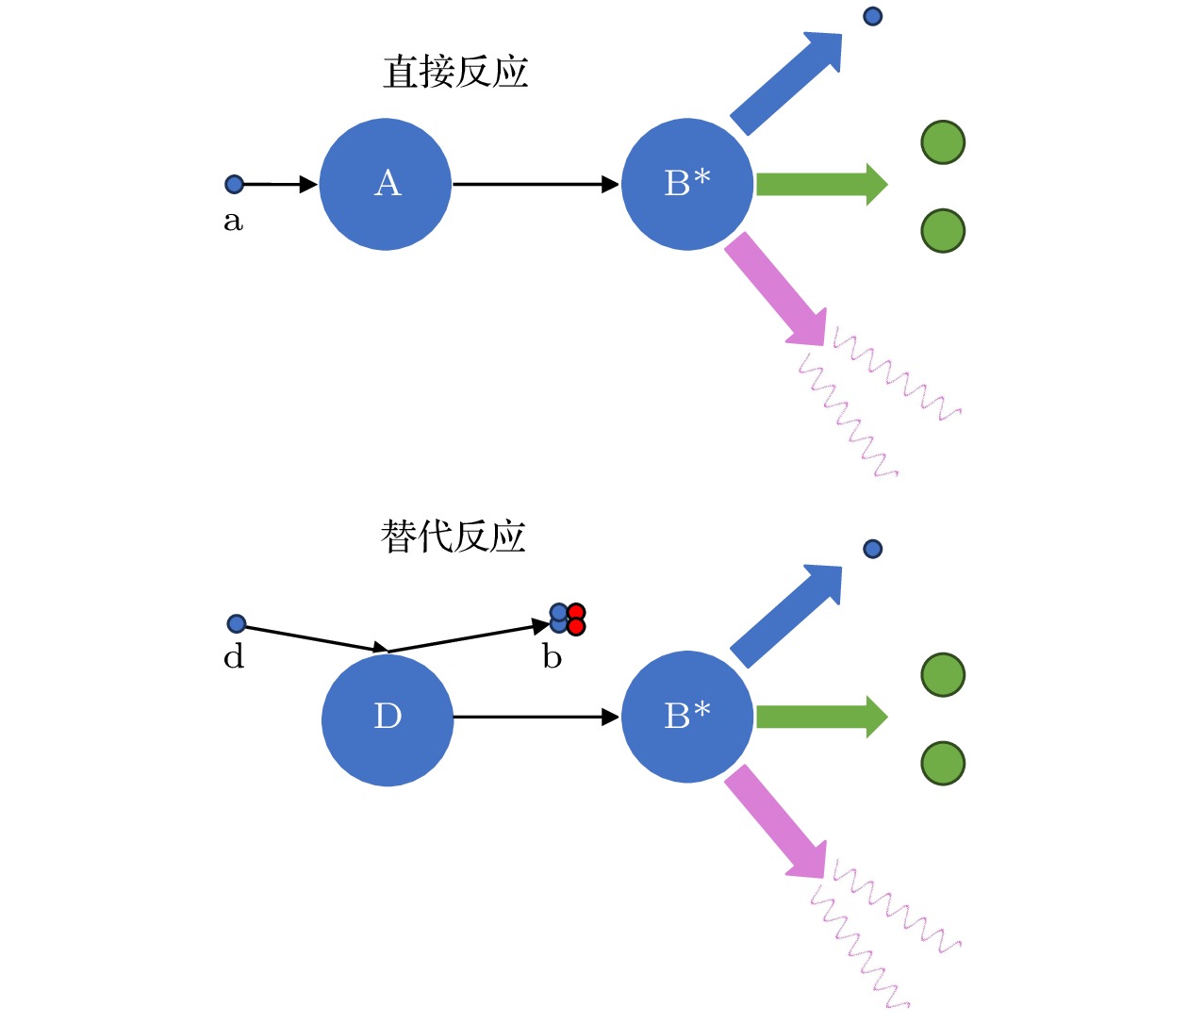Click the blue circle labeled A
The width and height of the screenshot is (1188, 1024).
coord(386,184)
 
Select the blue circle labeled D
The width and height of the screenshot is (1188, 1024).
coord(388,719)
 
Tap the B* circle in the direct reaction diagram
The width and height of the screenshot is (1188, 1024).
coord(687,184)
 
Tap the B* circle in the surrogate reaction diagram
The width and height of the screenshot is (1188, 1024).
coord(687,717)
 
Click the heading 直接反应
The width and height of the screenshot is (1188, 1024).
coord(455,73)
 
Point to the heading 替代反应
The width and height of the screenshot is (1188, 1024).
coord(453,537)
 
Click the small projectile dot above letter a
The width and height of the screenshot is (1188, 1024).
coord(235,184)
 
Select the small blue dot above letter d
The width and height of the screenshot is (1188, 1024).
coord(237,623)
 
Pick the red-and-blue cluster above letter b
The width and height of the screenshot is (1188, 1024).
coord(568,619)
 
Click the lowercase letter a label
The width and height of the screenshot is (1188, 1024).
coord(233,222)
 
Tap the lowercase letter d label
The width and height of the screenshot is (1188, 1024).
coord(234,656)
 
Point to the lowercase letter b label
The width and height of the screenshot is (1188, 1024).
coord(553,656)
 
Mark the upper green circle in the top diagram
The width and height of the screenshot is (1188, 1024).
coord(943,142)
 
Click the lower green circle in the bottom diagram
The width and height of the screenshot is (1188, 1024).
coord(943,763)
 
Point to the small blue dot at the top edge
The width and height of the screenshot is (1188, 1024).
coord(873,16)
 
